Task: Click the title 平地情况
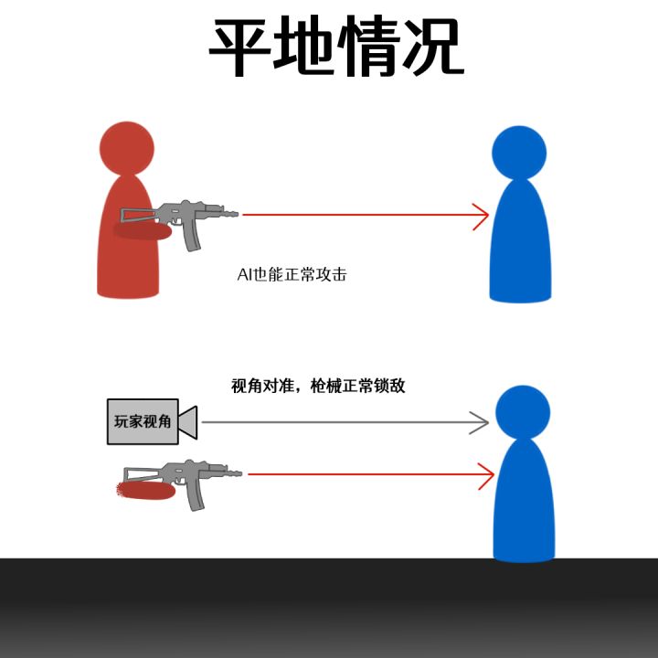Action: tap(336, 47)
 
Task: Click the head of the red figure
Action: tap(127, 149)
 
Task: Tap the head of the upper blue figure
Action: tap(519, 153)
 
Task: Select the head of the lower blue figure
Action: tap(523, 412)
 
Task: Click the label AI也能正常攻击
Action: tap(292, 274)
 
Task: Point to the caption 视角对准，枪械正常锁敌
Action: tap(318, 386)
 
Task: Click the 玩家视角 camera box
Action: tap(143, 421)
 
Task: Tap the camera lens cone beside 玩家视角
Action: tap(188, 422)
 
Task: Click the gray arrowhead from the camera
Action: tap(479, 422)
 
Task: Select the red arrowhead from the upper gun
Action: tap(481, 217)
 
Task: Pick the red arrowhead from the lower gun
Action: tap(486, 476)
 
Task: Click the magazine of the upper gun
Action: tap(191, 237)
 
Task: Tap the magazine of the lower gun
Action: tap(196, 496)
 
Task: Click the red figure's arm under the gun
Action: tap(143, 231)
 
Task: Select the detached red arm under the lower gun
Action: tap(145, 491)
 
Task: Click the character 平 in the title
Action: tap(239, 47)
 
